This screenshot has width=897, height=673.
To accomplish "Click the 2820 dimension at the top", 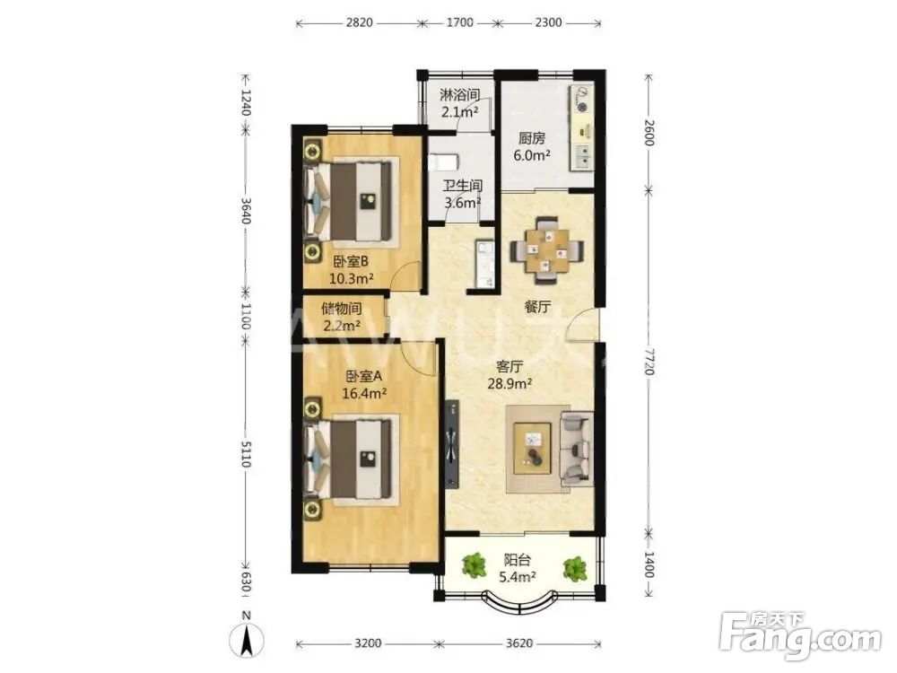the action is (x=360, y=23).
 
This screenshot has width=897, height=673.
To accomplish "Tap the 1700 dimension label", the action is (x=459, y=23).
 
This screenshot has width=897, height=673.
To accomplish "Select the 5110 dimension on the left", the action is (x=246, y=453).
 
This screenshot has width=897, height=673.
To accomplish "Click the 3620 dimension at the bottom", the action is (x=518, y=643).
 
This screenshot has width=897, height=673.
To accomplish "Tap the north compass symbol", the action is (x=247, y=635).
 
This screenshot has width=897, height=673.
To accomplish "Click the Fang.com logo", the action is (x=800, y=635).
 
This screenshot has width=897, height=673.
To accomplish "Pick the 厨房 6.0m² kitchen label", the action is (x=532, y=146).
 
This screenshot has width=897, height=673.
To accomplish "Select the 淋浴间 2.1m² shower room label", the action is (x=459, y=103).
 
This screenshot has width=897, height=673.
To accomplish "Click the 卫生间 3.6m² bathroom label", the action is (x=463, y=194).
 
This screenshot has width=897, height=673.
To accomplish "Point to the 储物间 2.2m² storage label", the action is (x=342, y=317).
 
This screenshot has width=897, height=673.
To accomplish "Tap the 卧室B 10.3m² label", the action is (x=351, y=270).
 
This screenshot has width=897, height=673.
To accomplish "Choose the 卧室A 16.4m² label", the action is (x=364, y=385).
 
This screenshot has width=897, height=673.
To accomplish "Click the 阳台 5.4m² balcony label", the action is (x=517, y=568).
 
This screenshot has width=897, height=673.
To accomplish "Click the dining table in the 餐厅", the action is (x=547, y=250).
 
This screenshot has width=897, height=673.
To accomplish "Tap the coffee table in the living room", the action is (x=533, y=448).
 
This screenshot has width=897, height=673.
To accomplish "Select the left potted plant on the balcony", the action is (x=474, y=565).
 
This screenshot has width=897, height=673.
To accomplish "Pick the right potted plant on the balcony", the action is (x=574, y=568).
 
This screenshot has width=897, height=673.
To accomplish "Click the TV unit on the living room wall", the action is (x=452, y=445).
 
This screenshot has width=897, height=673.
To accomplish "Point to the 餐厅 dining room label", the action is (x=537, y=307).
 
